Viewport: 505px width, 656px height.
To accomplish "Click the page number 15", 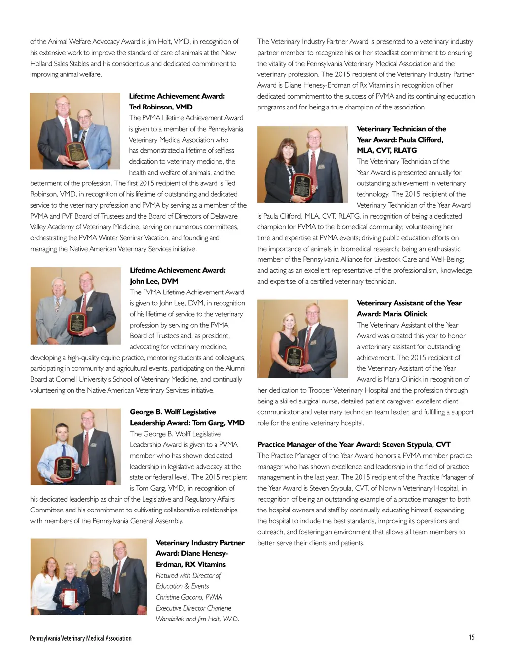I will click(x=472, y=637).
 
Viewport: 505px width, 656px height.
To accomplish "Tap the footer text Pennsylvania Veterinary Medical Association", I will click(x=80, y=638).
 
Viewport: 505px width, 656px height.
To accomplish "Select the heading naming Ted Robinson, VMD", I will click(x=161, y=107).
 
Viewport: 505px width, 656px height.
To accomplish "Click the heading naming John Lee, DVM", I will click(x=154, y=281).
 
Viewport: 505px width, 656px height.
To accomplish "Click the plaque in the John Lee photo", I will click(x=76, y=323).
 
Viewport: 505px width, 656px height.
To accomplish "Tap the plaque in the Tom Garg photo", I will click(x=65, y=469).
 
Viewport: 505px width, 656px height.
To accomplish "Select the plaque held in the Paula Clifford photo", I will click(x=302, y=185).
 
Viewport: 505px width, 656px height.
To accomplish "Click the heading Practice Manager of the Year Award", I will click(x=354, y=445).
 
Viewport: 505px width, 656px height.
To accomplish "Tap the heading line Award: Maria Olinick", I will click(x=392, y=314).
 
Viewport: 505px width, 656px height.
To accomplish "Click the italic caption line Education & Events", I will click(x=182, y=586).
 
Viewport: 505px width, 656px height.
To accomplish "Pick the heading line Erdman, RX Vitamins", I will click(x=190, y=564).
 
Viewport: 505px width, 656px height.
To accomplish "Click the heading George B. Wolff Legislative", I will click(x=173, y=412).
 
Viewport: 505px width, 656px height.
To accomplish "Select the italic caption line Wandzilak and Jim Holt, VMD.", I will click(x=197, y=619).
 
